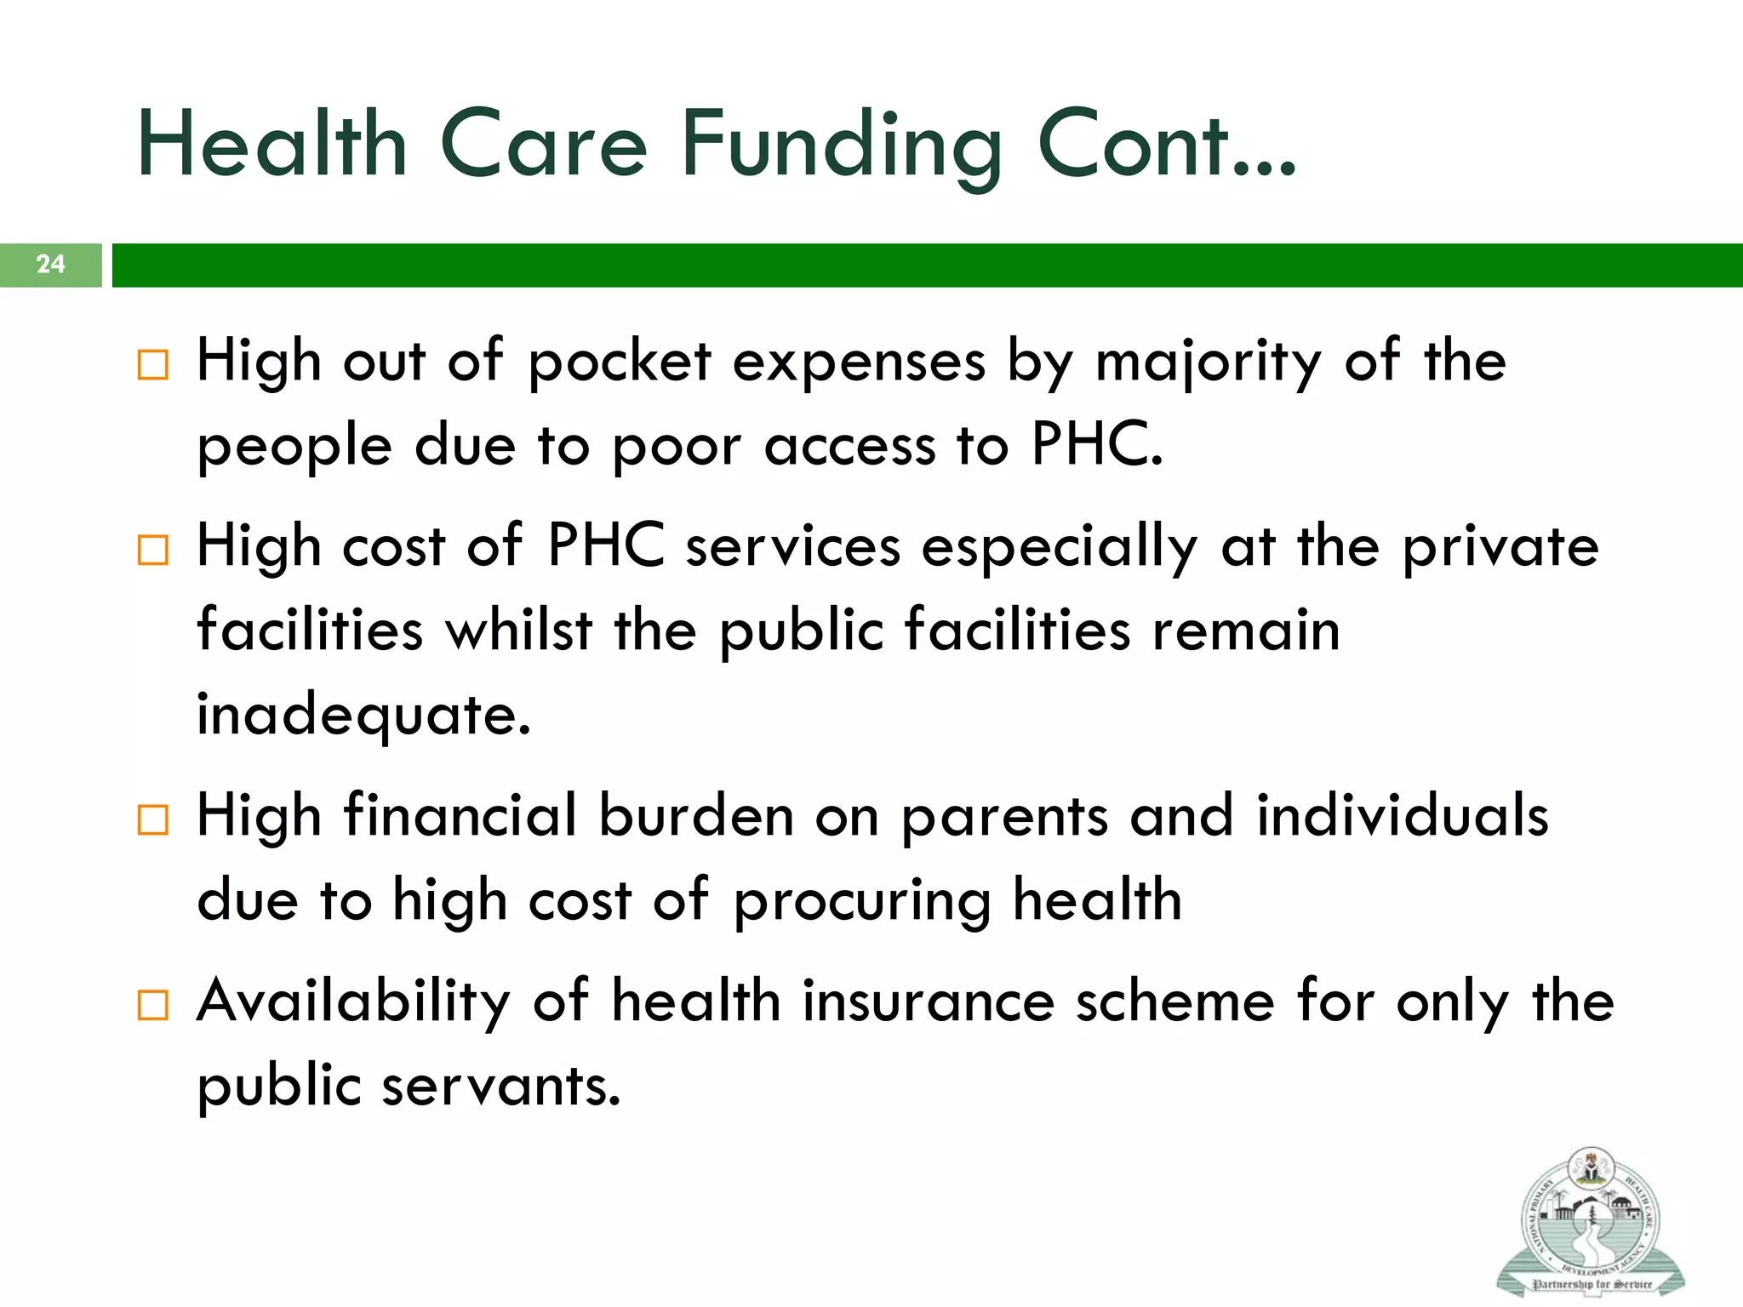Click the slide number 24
(50, 264)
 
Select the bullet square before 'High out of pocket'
(153, 365)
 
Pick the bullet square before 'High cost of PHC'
(153, 551)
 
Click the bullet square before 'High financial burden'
(153, 820)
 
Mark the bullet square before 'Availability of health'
(153, 1005)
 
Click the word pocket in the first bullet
(619, 362)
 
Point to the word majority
(1208, 362)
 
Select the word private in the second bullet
(1500, 548)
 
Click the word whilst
(518, 631)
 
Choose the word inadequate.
(363, 715)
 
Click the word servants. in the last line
(501, 1087)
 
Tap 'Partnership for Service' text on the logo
(1591, 1284)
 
